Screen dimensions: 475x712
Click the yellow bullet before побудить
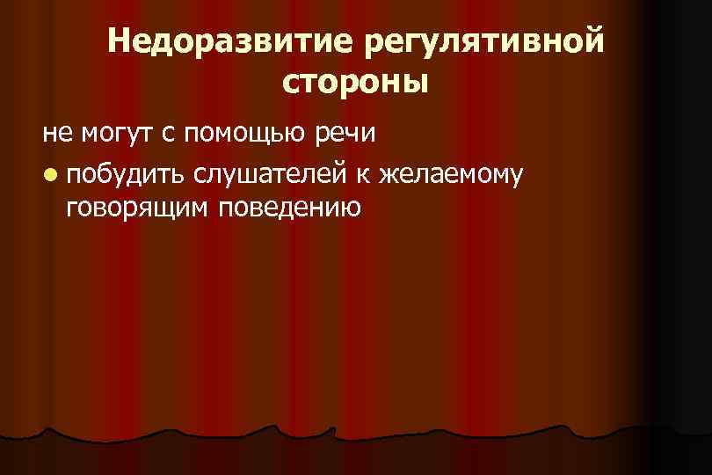click(49, 172)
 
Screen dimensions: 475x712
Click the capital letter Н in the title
click(120, 42)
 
